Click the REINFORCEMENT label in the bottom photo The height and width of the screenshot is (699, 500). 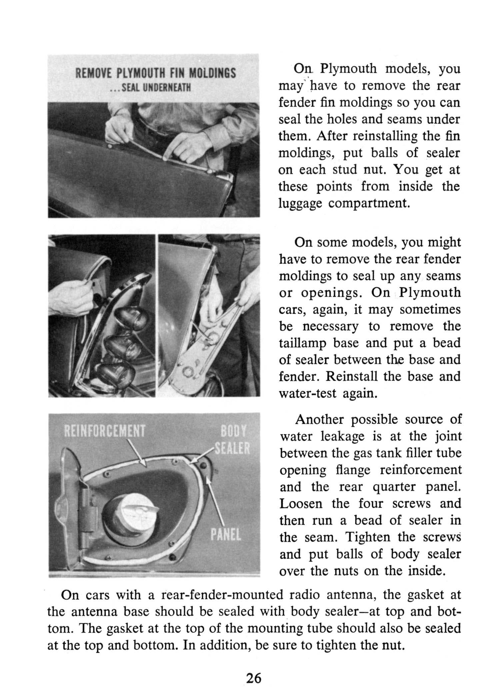point(104,432)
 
